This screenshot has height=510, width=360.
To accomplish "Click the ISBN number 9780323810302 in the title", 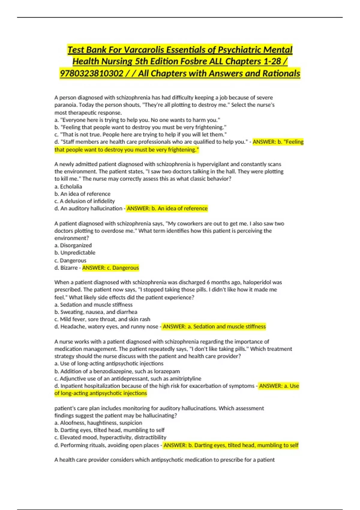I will point(91,73).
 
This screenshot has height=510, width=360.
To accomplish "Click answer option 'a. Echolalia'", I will point(68,186).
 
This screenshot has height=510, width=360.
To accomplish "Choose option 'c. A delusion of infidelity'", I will point(85,201).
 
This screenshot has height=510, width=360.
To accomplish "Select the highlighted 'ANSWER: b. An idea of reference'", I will point(167,208).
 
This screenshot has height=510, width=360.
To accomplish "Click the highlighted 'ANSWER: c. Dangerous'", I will point(110,268).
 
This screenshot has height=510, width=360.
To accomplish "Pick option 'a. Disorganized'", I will point(73,245).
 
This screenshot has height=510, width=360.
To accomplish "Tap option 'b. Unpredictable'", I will point(75,253).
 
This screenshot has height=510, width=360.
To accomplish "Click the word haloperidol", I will point(256,282).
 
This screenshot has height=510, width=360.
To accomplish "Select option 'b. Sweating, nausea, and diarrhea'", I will point(96,312).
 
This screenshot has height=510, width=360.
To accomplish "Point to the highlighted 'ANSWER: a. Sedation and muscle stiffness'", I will point(214,326).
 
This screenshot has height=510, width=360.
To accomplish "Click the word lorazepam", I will point(167,371).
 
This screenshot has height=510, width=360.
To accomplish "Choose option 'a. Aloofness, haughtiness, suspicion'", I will point(98,423).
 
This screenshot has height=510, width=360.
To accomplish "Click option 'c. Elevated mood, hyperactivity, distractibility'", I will point(110,437).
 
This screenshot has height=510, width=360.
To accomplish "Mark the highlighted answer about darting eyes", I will point(231,445).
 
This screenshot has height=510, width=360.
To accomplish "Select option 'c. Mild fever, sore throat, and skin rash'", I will point(102,319).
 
